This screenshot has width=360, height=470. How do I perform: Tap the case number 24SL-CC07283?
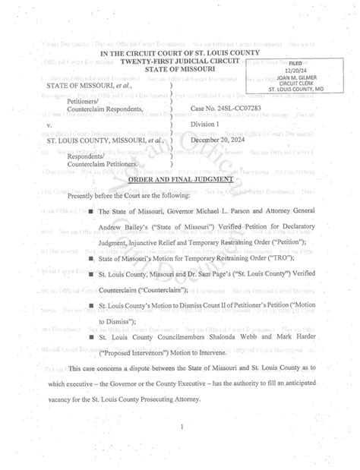point(223,109)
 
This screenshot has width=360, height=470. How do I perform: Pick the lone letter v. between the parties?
point(51,125)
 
